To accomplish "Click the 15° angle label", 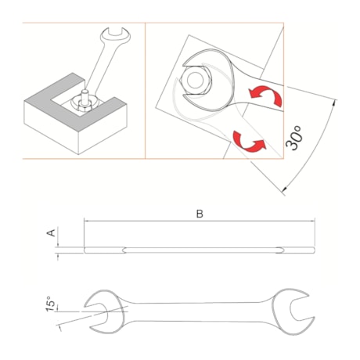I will [51, 304].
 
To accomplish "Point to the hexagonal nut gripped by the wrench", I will [196, 81].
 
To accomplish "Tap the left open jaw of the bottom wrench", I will [102, 308].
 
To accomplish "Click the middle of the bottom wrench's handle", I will [200, 308].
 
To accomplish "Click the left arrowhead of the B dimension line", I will [86, 221].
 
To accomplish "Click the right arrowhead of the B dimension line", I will [316, 221].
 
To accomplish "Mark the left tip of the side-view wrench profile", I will [84, 250].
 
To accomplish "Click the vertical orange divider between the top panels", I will [146, 90].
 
